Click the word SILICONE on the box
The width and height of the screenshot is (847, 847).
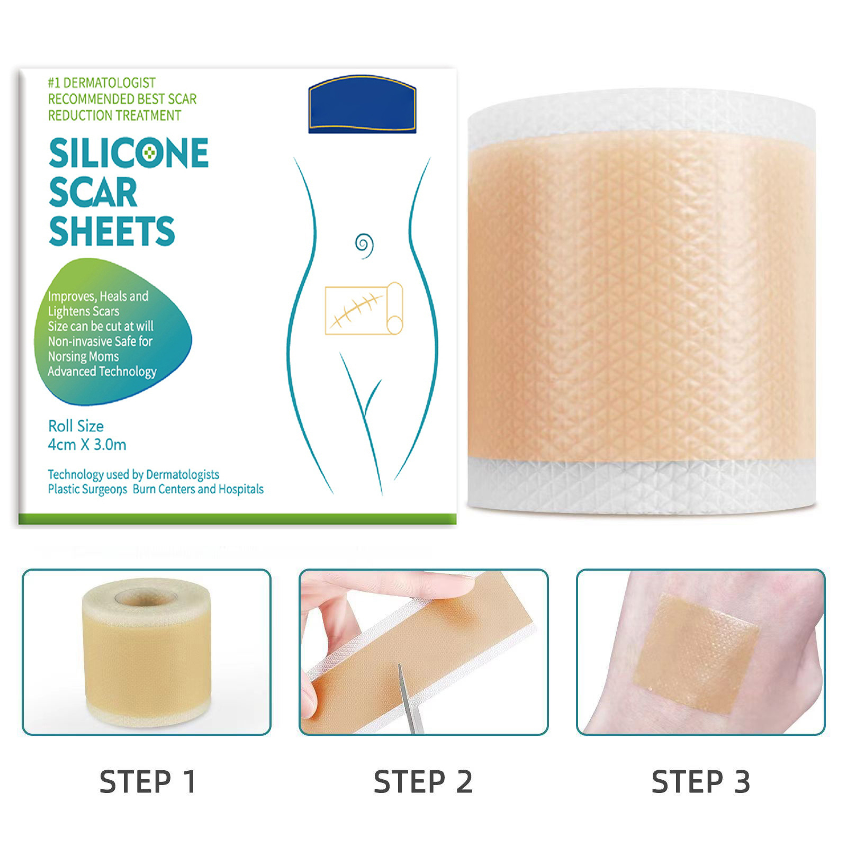coord(129,153)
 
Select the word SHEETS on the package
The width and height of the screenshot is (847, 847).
coord(112,231)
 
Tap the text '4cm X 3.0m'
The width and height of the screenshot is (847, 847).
coord(87,445)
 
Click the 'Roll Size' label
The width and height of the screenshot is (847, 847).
coord(76,426)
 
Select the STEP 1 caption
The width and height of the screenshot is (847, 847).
coord(148,782)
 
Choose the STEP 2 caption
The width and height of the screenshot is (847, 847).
coord(423,782)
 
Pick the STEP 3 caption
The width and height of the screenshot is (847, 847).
coord(701,782)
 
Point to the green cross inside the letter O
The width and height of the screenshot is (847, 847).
coord(151,153)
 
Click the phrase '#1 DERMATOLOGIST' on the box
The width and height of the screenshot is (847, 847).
coord(102,83)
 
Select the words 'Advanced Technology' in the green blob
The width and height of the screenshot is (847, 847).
coord(102,372)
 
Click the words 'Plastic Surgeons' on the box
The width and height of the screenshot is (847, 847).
coord(87,489)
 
